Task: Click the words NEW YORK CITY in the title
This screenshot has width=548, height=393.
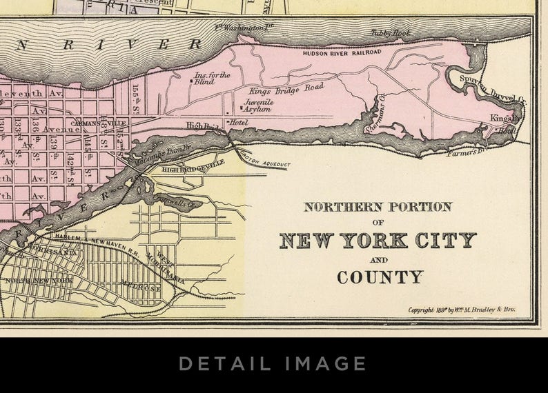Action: [378, 241]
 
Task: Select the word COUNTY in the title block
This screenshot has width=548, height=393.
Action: [379, 277]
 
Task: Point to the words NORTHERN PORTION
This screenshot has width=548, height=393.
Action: [378, 207]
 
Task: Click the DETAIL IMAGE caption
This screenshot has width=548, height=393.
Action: [273, 363]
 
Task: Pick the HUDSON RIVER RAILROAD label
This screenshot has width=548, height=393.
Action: [342, 52]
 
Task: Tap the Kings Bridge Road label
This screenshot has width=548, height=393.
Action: [286, 90]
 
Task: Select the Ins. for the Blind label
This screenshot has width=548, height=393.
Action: [212, 78]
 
